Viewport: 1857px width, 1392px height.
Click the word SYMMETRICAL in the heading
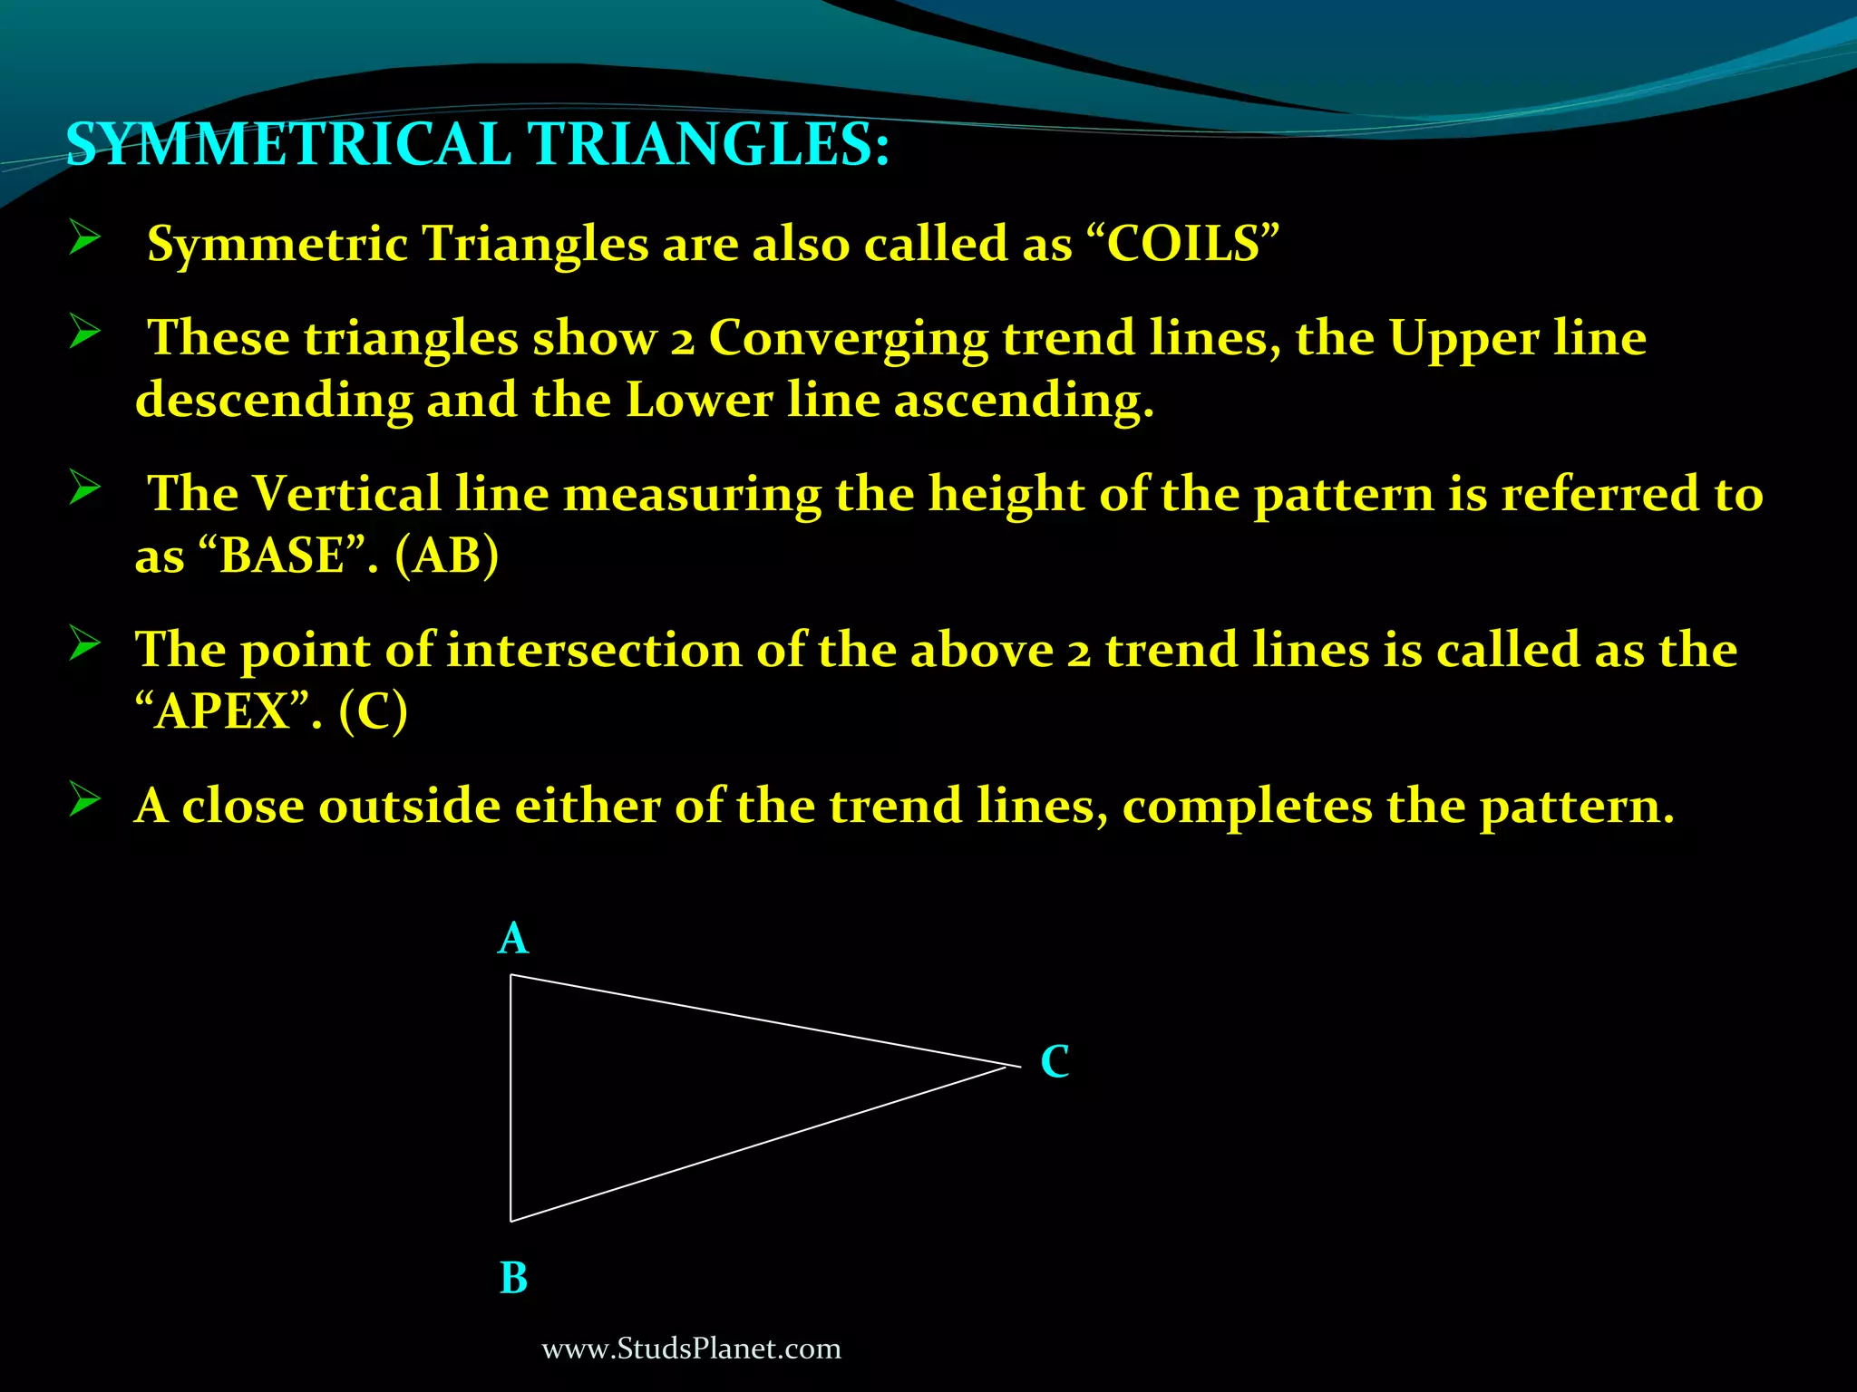(288, 145)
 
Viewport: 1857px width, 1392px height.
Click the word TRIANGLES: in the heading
(708, 145)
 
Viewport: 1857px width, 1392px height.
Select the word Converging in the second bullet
(848, 339)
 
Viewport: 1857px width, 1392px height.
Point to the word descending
(274, 400)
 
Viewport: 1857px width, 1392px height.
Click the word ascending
(1024, 400)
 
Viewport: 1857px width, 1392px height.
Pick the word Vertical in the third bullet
(347, 495)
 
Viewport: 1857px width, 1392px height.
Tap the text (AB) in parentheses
(446, 556)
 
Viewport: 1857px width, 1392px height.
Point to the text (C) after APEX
(374, 711)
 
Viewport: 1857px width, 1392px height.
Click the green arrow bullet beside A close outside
(84, 801)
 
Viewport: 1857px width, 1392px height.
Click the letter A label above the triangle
(512, 939)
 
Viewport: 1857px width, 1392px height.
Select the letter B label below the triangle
(513, 1279)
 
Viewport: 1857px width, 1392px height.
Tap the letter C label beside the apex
(1055, 1061)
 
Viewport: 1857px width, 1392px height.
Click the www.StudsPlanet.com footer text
(691, 1349)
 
